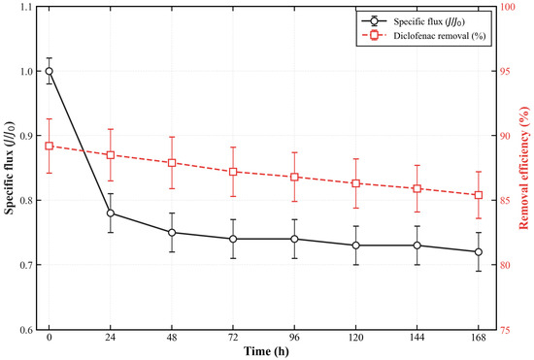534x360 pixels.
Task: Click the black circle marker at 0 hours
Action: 50,71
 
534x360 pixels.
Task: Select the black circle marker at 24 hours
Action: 111,213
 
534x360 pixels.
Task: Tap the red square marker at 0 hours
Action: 50,146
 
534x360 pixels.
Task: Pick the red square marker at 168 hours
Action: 479,195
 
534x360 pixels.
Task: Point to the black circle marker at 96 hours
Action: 294,239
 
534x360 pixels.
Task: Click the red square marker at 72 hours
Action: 233,172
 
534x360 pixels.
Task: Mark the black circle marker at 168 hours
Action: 479,251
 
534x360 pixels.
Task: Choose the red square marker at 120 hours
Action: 356,183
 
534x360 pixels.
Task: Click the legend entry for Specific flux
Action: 414,21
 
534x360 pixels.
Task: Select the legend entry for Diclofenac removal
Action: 423,36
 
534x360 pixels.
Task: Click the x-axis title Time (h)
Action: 267,351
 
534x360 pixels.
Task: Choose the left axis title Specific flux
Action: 10,168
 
